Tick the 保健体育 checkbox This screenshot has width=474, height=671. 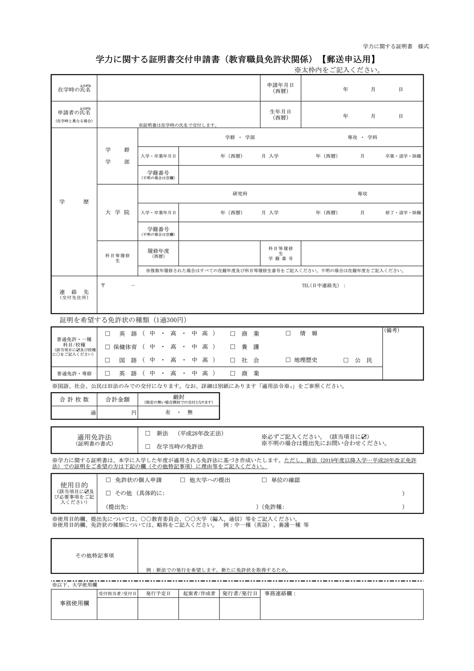coord(107,347)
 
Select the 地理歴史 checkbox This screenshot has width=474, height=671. coord(288,360)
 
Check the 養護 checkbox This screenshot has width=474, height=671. coord(233,347)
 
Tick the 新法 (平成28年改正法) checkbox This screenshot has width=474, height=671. coord(148,433)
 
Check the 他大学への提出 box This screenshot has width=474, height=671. coord(183,480)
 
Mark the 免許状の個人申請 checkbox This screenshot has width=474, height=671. coord(108,480)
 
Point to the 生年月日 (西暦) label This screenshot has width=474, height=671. coord(280,114)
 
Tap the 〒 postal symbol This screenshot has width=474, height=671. coord(103,285)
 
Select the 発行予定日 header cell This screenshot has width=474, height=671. coord(158,594)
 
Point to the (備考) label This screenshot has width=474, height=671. coord(392,330)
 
